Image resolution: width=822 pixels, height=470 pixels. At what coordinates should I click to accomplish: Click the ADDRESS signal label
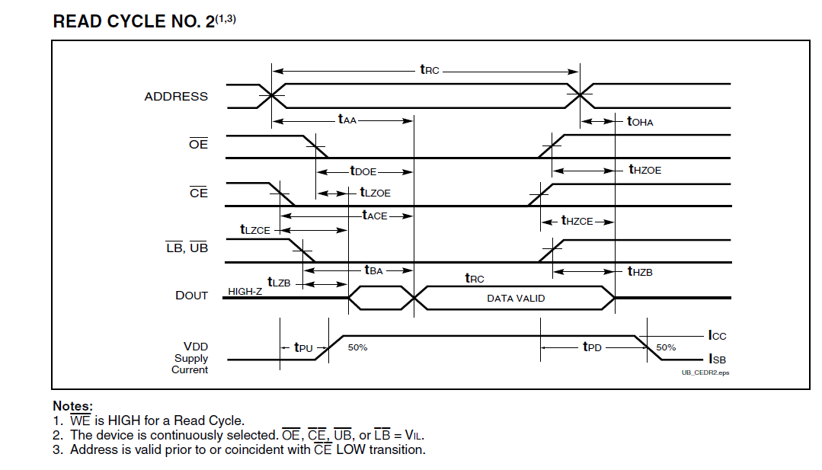(x=176, y=97)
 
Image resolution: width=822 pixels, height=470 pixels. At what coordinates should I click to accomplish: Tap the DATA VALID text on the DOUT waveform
(x=516, y=299)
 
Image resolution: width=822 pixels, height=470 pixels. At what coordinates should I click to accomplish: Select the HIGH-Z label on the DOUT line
(x=245, y=292)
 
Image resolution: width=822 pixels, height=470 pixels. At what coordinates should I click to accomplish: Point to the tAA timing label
(x=347, y=120)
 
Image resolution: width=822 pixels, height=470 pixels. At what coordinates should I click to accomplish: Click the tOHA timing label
(x=640, y=121)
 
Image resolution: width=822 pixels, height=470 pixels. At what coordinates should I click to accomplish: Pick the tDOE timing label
(x=363, y=171)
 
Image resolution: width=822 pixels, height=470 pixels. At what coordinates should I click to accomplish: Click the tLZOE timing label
(x=375, y=193)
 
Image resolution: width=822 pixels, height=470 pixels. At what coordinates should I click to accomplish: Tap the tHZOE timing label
(x=644, y=170)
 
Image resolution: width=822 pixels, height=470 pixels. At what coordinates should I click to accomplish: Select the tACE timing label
(x=375, y=216)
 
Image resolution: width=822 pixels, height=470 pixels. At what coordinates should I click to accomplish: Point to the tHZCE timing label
(x=577, y=221)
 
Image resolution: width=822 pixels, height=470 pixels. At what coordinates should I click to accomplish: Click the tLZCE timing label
(x=255, y=229)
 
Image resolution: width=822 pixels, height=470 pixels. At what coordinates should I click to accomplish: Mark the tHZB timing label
(x=640, y=271)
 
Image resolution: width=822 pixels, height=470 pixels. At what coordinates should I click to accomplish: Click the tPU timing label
(x=303, y=347)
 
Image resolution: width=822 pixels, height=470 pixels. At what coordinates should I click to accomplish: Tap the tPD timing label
(x=592, y=347)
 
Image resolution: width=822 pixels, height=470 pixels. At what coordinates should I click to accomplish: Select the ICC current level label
(x=717, y=335)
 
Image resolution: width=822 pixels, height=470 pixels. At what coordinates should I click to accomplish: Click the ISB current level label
(x=717, y=359)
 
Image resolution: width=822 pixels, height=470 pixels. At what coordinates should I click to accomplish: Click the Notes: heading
(x=72, y=406)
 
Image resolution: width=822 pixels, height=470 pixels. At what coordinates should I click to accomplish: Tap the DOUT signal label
(x=191, y=296)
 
